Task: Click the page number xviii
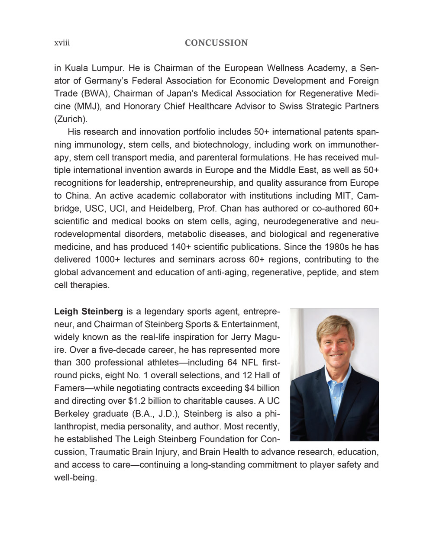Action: point(62,43)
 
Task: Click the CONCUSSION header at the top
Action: point(216,43)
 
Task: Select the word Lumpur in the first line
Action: point(106,68)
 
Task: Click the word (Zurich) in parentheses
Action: point(71,119)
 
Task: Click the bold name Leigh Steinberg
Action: point(88,312)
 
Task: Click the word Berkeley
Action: point(72,414)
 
